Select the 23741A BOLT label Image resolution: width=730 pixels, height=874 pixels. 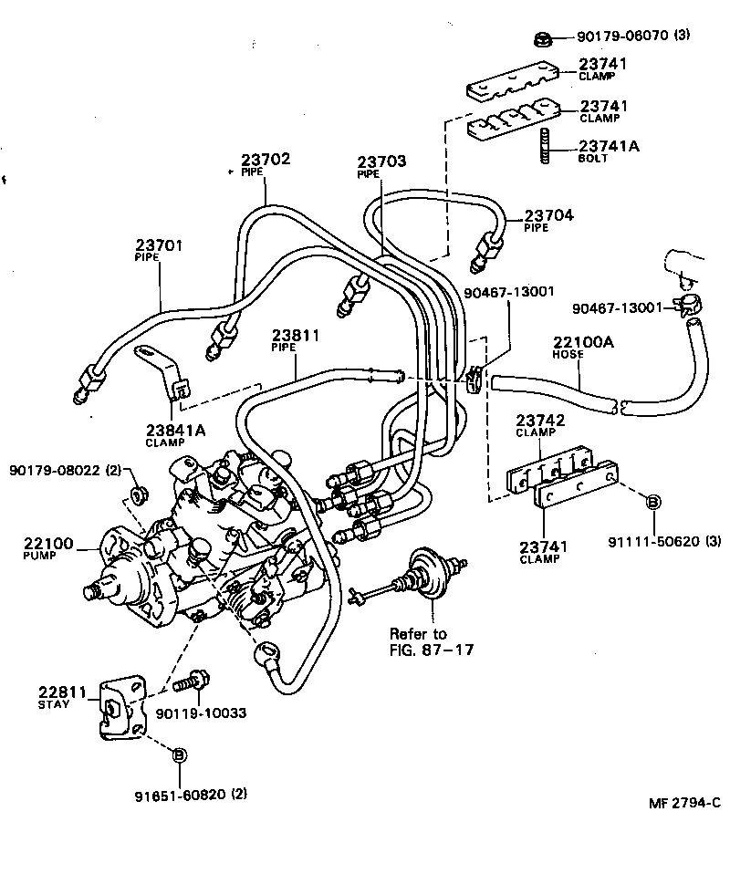602,151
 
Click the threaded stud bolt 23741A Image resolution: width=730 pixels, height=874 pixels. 545,147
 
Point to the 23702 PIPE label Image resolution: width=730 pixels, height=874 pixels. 265,164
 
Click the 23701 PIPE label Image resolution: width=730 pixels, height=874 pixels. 160,249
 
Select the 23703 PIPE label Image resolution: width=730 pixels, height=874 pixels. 381,166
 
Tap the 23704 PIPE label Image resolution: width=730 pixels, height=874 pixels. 547,220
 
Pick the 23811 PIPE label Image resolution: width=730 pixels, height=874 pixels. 295,340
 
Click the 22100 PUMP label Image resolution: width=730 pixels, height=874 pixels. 47,548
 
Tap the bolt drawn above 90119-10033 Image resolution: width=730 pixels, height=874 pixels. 193,681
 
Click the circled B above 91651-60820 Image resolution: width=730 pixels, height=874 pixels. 179,754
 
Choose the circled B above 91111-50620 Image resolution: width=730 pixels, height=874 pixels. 653,502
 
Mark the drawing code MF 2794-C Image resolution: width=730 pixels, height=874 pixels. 683,804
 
